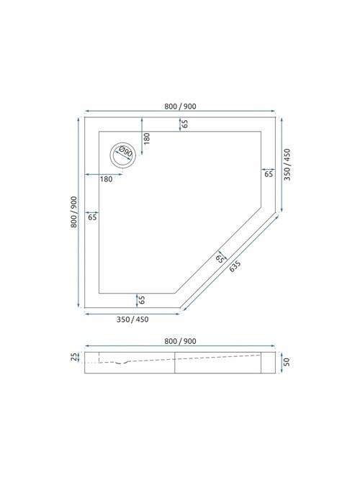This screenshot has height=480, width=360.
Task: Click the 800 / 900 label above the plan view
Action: tap(180, 107)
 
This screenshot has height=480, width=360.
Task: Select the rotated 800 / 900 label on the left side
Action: tap(73, 213)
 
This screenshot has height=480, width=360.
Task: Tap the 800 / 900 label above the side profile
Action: tap(180, 340)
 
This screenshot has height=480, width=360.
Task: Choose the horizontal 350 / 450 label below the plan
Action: tap(131, 320)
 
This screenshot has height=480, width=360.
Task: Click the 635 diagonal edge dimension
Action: tap(235, 266)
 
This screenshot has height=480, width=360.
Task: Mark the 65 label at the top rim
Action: tap(185, 123)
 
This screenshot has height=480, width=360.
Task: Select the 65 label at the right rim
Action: tap(269, 174)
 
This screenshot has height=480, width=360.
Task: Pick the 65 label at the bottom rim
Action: tap(142, 299)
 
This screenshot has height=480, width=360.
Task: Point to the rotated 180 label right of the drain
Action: tap(146, 139)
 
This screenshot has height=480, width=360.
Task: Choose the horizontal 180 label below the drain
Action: tap(106, 178)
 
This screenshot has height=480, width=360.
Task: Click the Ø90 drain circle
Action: tap(122, 153)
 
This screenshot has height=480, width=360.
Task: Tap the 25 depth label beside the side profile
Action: tap(73, 358)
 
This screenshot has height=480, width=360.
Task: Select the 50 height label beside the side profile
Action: tap(286, 361)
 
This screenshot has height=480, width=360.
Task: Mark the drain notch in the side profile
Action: tap(127, 362)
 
